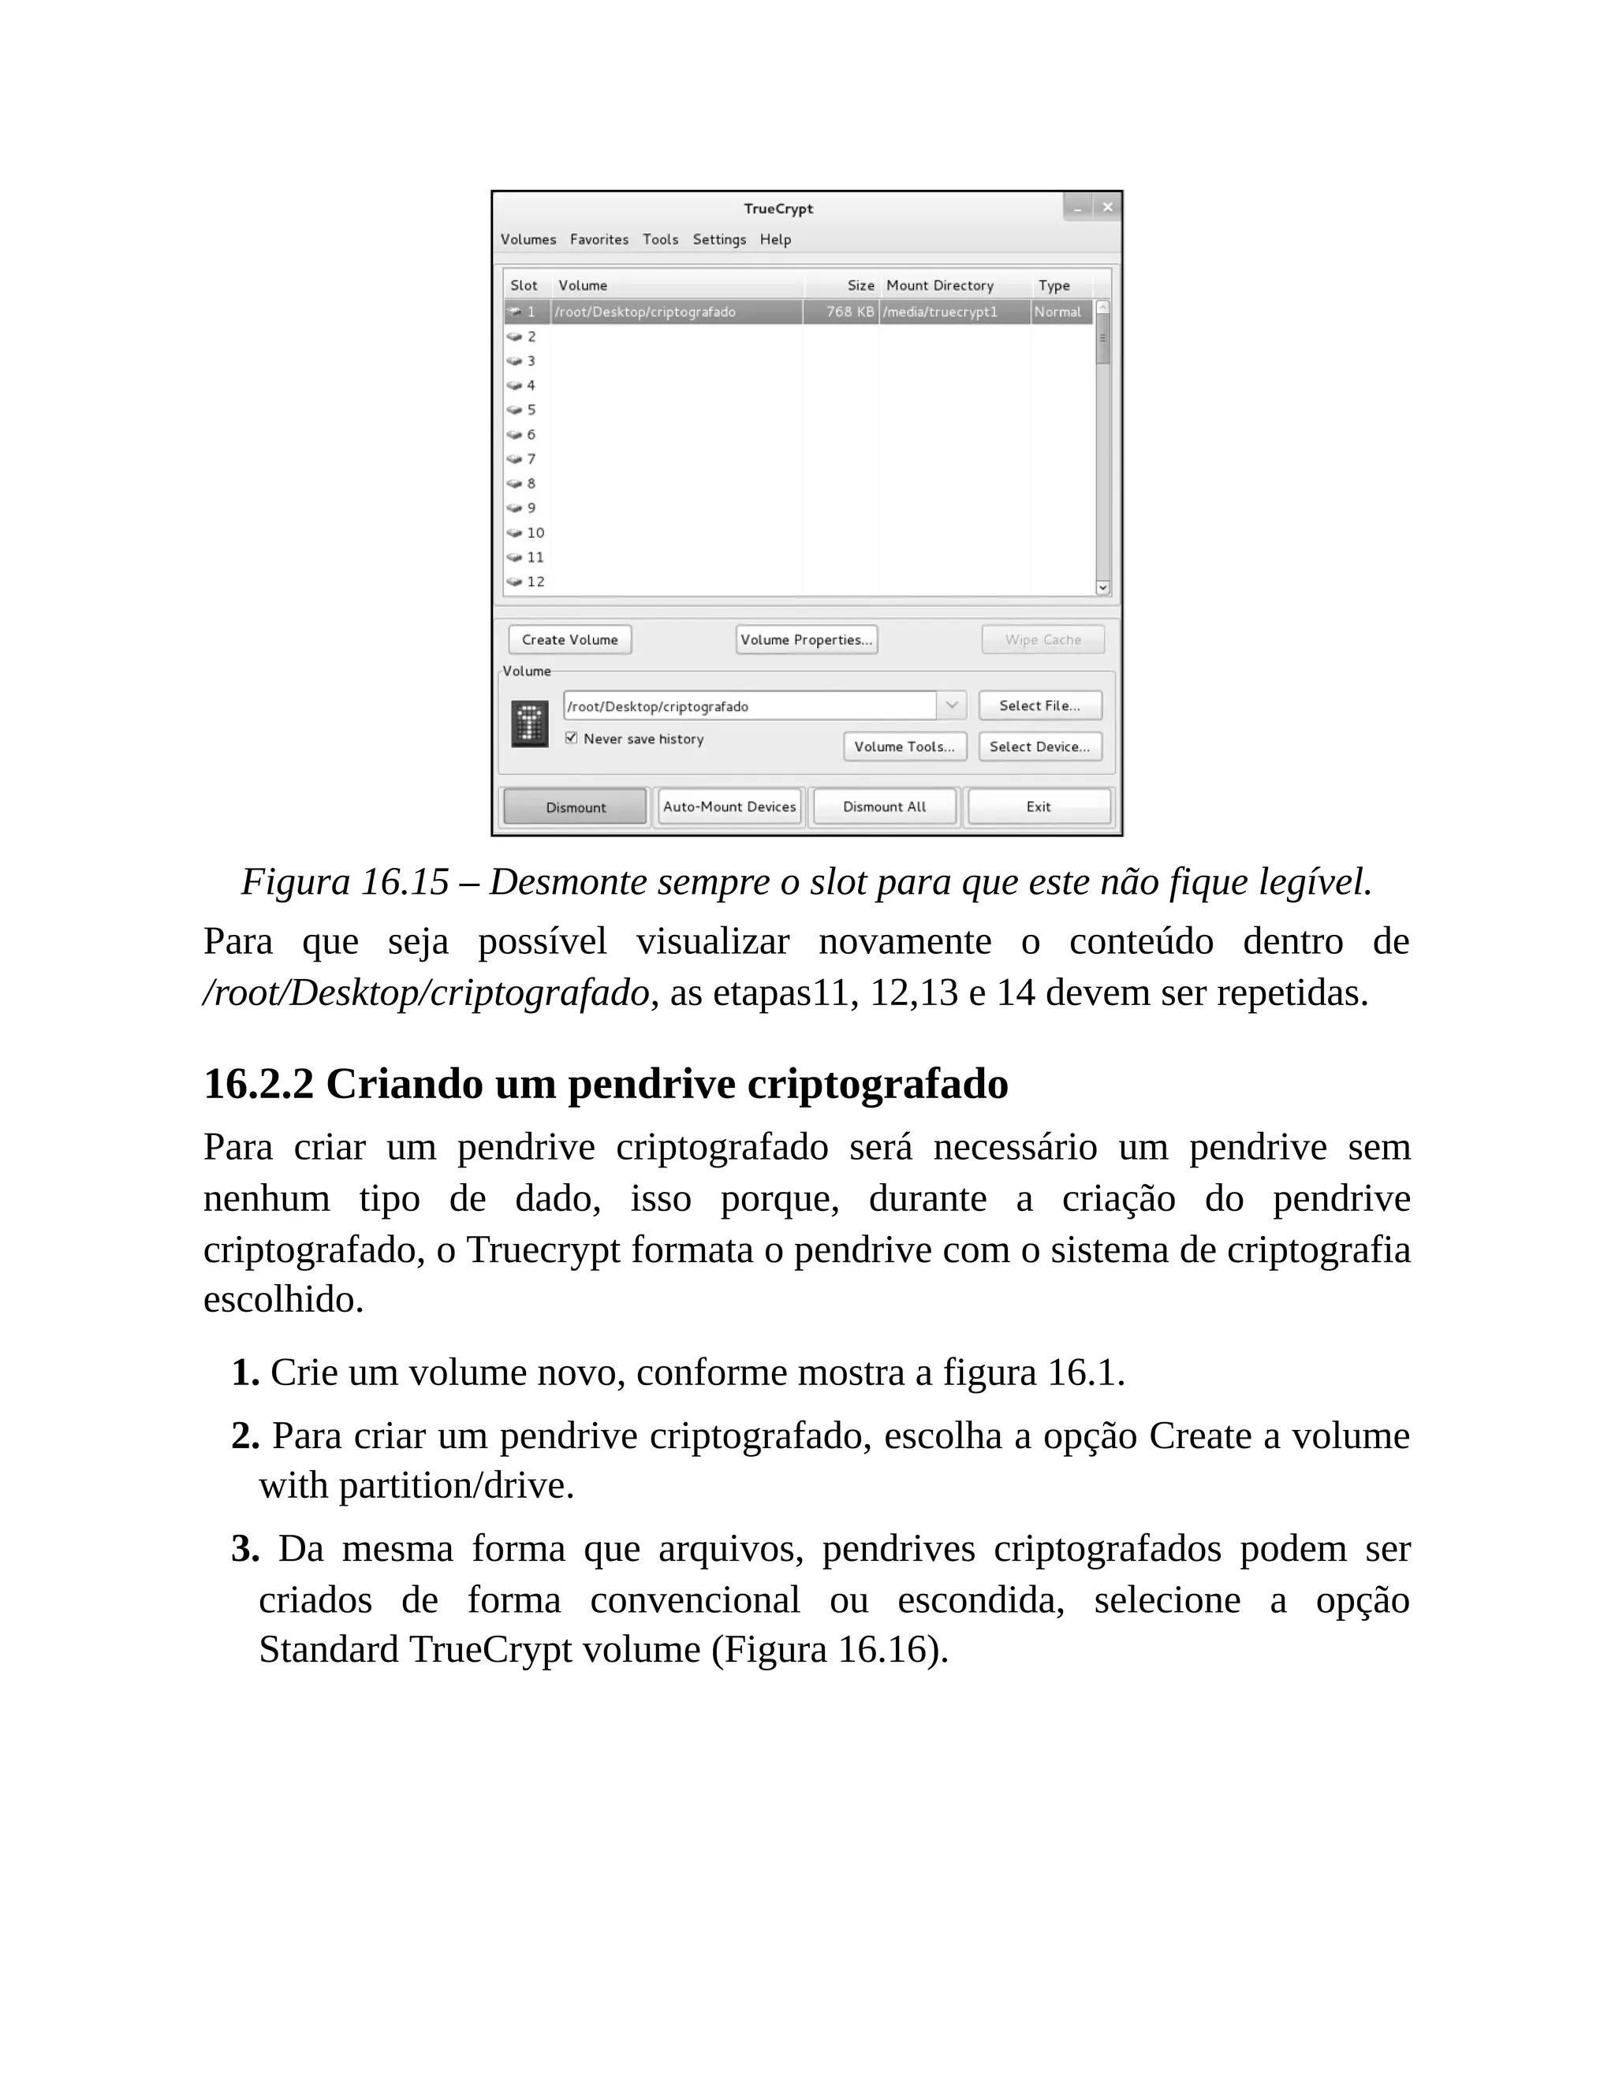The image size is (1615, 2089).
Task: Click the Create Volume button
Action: (569, 640)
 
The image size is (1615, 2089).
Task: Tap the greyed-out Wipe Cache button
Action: (1042, 640)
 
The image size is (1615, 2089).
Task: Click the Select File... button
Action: (1039, 706)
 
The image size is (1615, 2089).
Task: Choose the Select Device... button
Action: (1039, 747)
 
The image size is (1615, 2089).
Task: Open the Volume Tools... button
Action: (904, 747)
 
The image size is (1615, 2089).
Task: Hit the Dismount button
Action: (575, 807)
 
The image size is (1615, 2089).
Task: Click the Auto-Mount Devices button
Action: (729, 807)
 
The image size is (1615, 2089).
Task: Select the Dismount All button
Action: (884, 807)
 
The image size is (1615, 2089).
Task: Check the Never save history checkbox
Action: (571, 739)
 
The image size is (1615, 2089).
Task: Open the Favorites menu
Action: (599, 240)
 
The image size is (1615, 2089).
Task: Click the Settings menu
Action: (718, 240)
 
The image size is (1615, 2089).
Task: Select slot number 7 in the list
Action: (531, 459)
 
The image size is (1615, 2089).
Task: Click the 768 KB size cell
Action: (849, 313)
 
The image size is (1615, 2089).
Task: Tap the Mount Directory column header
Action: (939, 286)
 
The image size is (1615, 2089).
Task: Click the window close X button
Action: (1107, 207)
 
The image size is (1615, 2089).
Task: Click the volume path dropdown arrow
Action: (951, 706)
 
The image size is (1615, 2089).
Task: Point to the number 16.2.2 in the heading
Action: (259, 1085)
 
